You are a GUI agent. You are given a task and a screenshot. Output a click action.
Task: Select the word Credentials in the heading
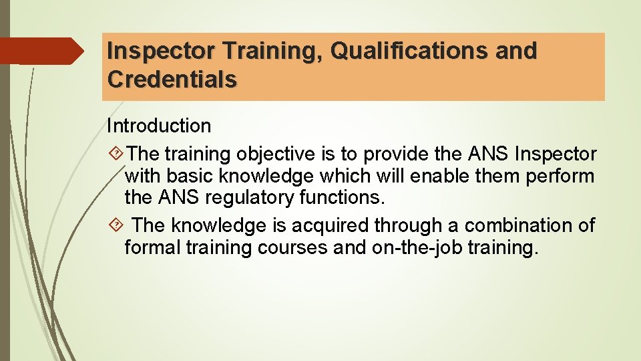[172, 80]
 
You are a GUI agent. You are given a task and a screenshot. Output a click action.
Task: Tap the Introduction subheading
[159, 126]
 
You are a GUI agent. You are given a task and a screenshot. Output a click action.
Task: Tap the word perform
[560, 176]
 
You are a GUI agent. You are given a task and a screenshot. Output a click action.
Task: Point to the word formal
[152, 247]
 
